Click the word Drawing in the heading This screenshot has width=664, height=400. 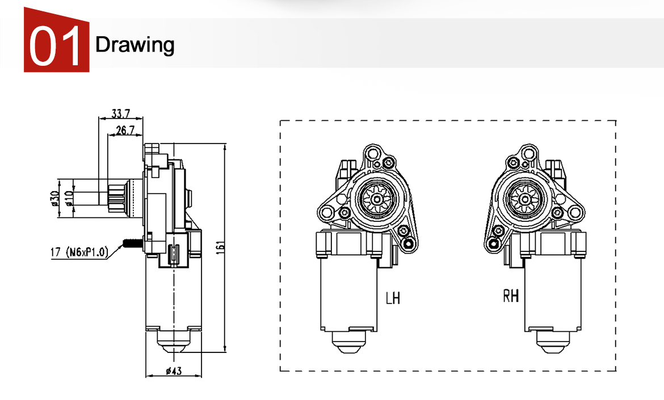[x=135, y=44]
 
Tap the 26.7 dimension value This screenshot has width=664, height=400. [x=124, y=130]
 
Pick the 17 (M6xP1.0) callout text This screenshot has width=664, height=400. [x=79, y=252]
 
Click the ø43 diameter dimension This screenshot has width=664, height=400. [x=174, y=371]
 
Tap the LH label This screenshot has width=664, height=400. [x=393, y=297]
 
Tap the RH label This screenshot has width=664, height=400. [x=511, y=296]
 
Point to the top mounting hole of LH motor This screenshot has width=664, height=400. [x=372, y=153]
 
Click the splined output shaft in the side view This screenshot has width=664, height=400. [x=117, y=197]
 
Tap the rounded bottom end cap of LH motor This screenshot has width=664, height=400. [x=347, y=342]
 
